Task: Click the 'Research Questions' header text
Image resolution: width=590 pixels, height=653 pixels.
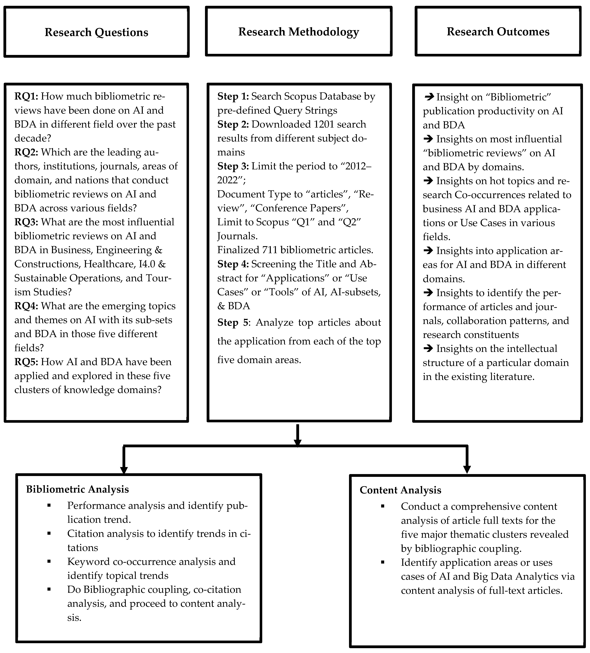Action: (x=96, y=32)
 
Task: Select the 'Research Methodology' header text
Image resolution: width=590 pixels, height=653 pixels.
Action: (x=298, y=32)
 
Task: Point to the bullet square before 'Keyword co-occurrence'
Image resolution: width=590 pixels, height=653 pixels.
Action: (x=49, y=561)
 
